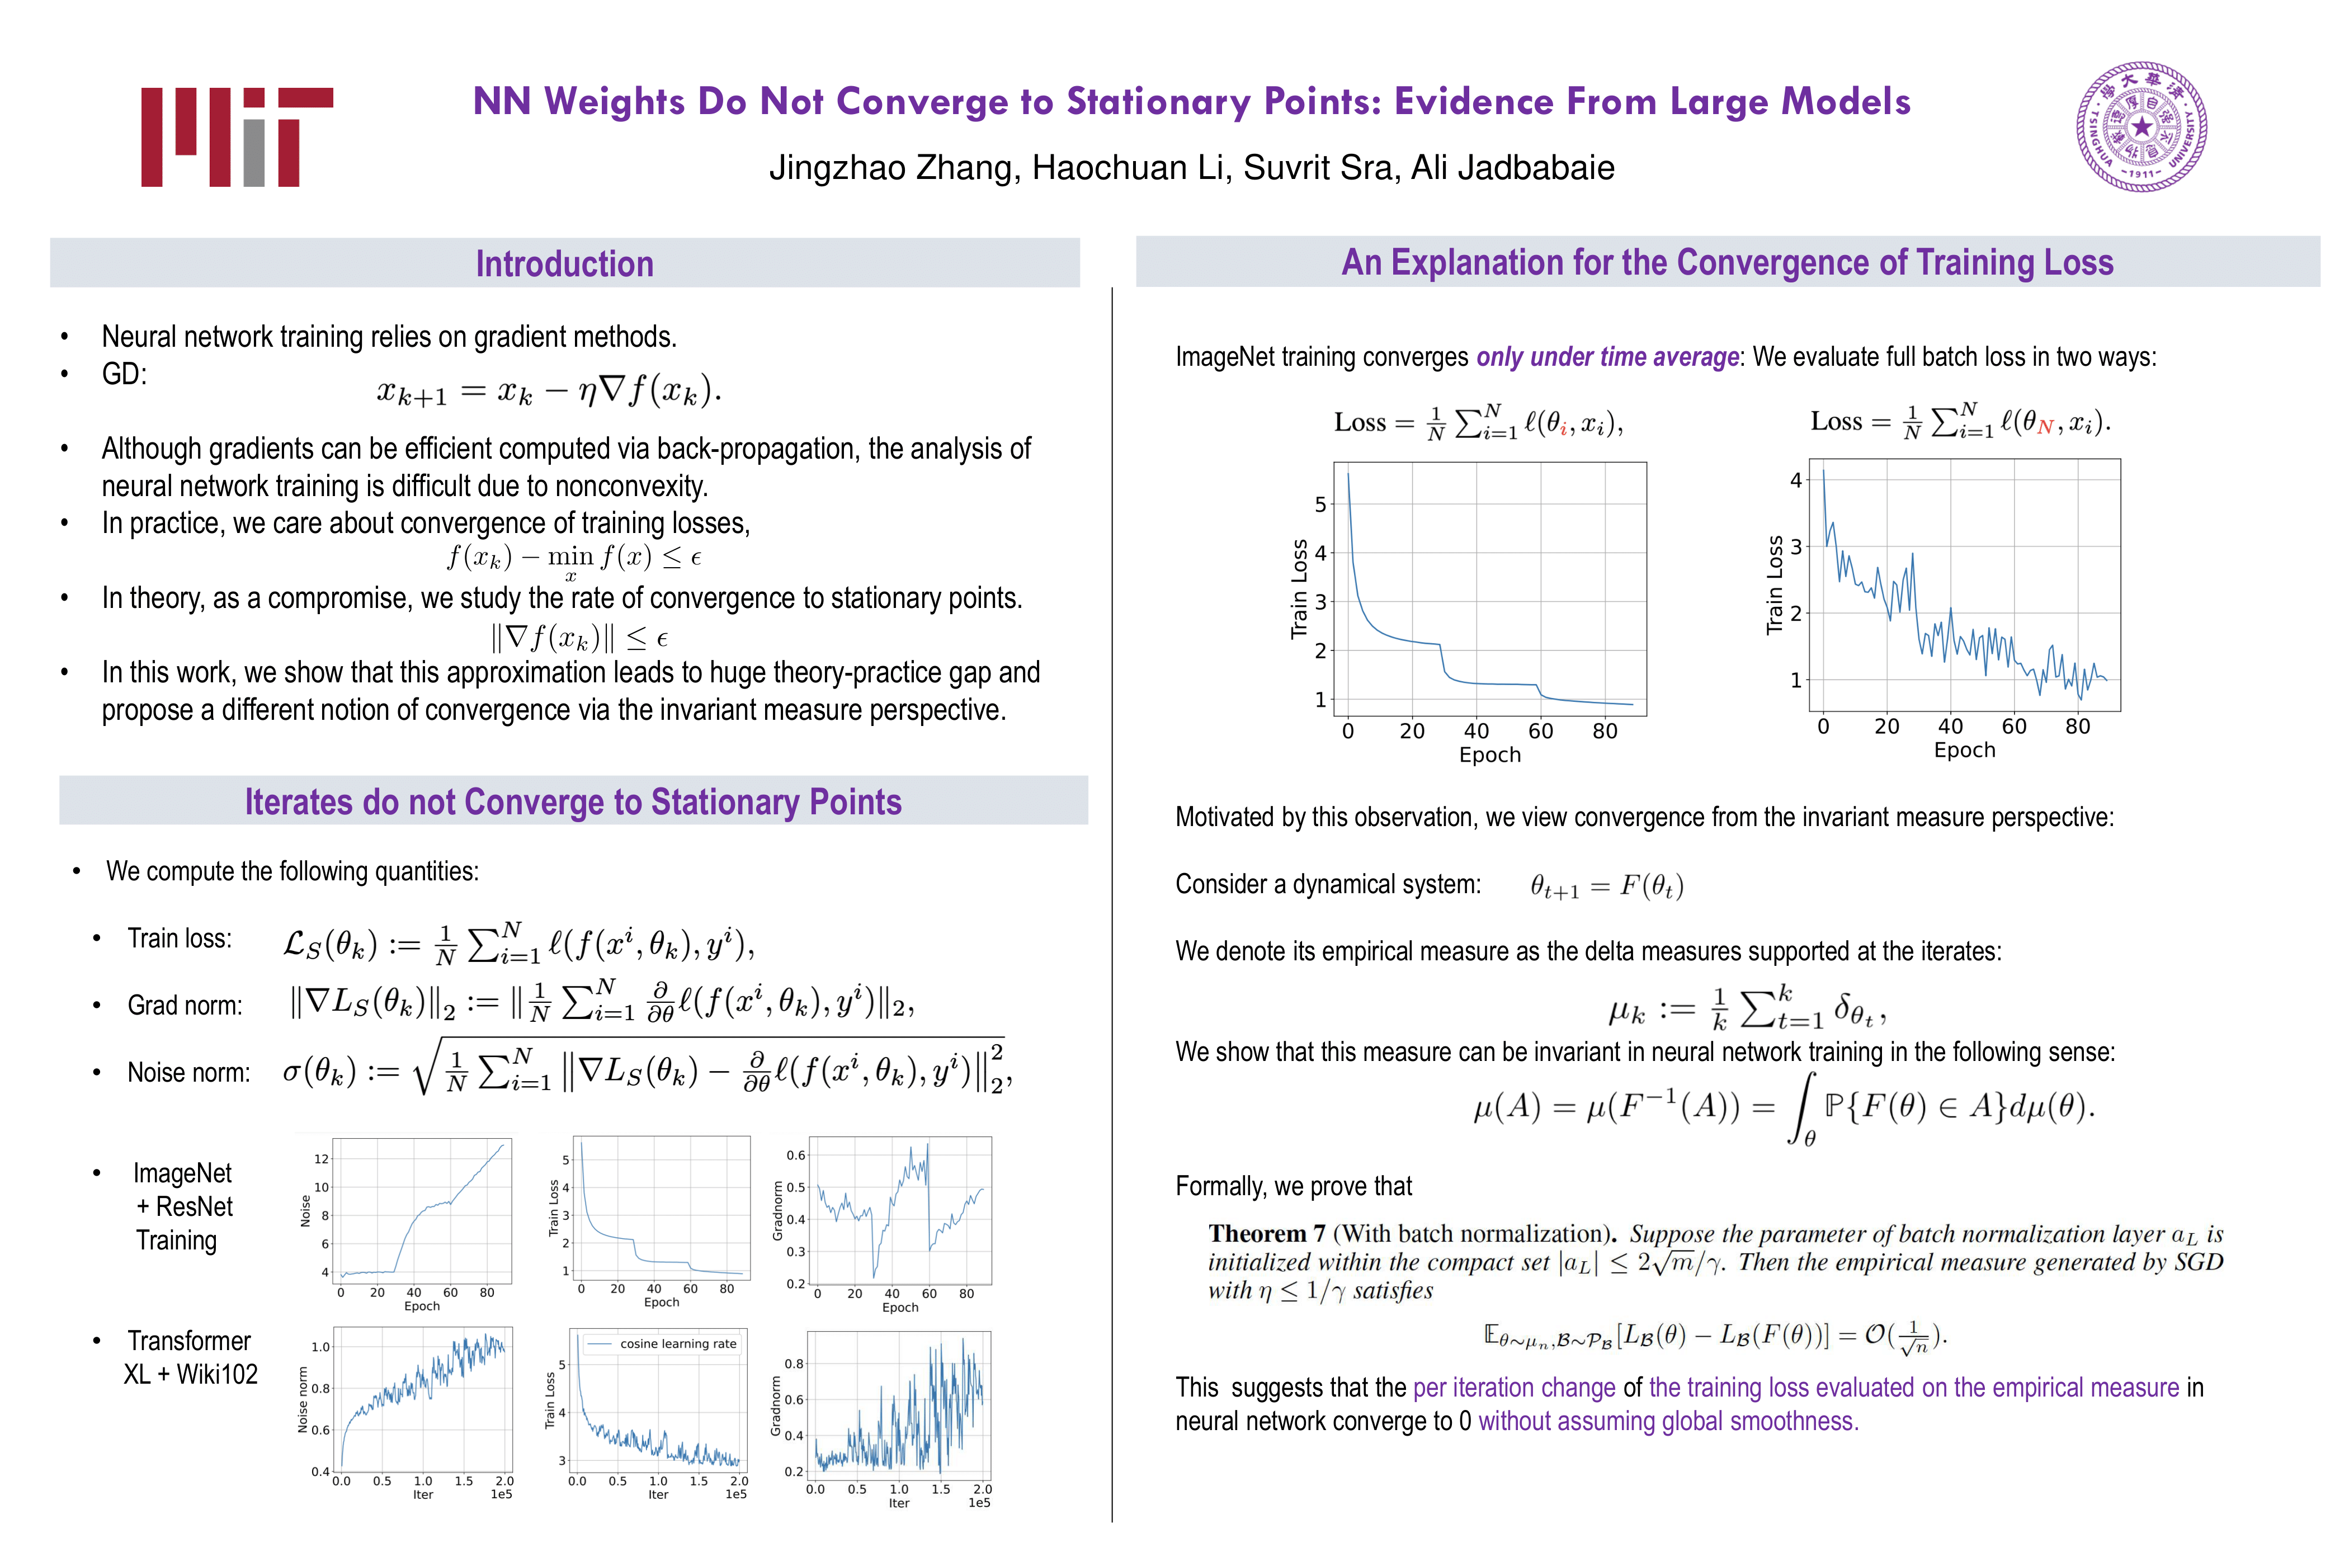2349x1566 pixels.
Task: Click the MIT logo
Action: click(x=237, y=137)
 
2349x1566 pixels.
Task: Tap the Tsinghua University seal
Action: click(x=2142, y=127)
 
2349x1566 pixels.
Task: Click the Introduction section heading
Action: click(x=564, y=263)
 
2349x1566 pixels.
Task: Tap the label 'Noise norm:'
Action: click(x=189, y=1073)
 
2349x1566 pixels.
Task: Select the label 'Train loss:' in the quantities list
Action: click(x=180, y=939)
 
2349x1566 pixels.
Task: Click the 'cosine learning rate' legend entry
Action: click(x=677, y=1345)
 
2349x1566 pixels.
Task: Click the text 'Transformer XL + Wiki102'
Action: click(x=190, y=1357)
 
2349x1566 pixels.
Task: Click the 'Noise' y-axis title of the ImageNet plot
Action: click(x=305, y=1210)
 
